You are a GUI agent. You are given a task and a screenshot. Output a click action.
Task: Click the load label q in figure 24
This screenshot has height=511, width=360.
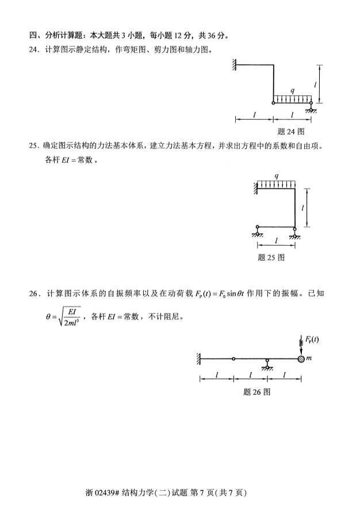pyautogui.click(x=293, y=90)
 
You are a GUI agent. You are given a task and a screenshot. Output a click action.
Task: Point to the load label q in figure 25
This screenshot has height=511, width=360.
pyautogui.click(x=277, y=176)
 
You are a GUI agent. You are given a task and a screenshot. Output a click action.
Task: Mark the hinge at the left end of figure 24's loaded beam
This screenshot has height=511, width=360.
pyautogui.click(x=274, y=103)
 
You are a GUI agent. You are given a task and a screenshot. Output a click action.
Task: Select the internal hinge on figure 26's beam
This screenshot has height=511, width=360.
pyautogui.click(x=233, y=359)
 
